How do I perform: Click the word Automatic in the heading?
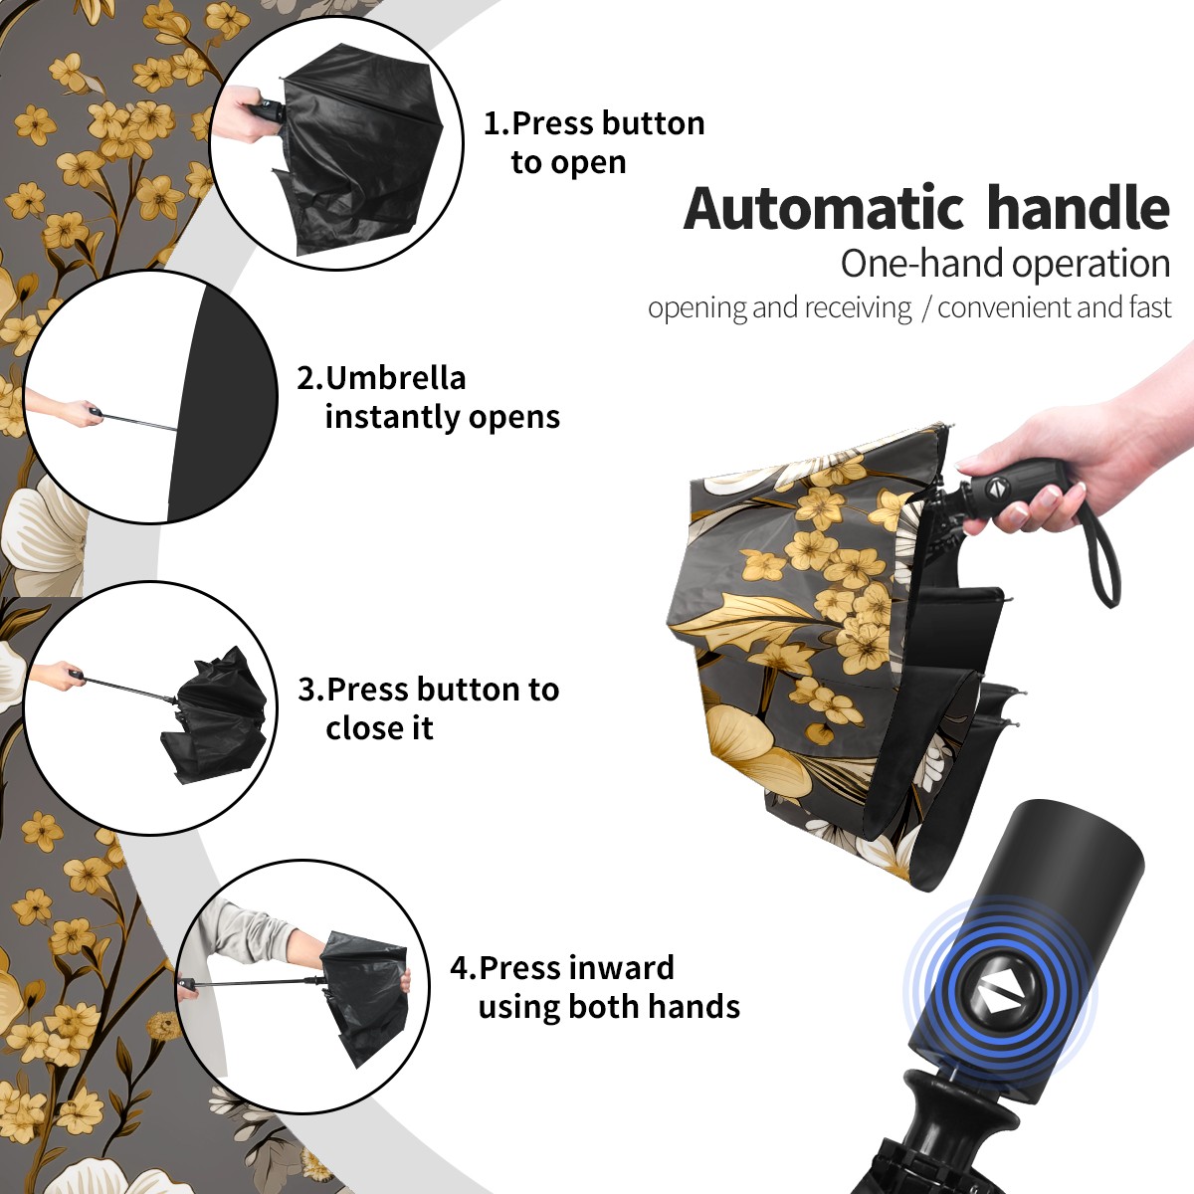824,209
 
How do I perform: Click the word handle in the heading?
1079,207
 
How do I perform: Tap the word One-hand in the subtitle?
922,265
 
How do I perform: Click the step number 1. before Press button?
497,123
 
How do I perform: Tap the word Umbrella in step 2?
395,378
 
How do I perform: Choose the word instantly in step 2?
393,417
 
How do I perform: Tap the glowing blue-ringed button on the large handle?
999,998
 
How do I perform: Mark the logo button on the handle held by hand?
995,488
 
